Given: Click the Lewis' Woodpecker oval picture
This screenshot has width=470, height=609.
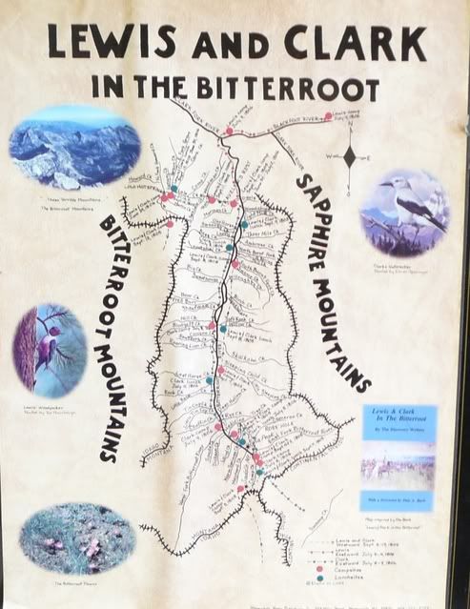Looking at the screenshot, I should [50, 350].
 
